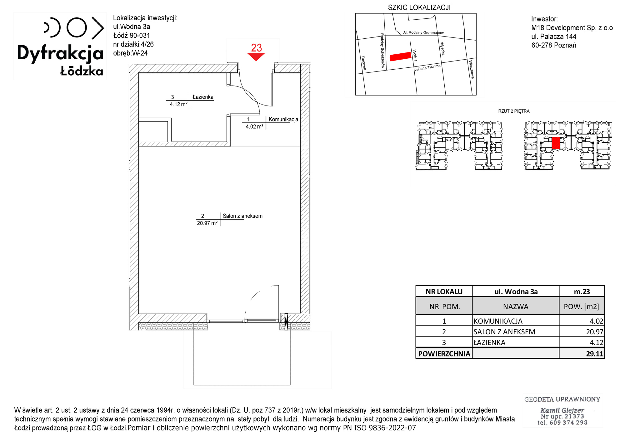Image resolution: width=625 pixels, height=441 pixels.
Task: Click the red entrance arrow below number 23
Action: click(x=256, y=56)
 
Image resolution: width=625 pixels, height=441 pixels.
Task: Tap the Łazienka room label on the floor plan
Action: click(x=203, y=97)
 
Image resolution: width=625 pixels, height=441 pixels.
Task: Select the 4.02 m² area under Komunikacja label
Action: click(x=254, y=126)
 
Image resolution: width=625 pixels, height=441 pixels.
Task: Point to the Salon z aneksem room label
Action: click(x=242, y=216)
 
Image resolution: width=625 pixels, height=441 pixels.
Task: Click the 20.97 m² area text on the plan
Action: click(x=207, y=223)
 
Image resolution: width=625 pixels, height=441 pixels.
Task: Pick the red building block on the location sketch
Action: click(x=400, y=56)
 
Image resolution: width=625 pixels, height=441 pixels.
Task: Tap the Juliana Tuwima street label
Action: click(x=427, y=68)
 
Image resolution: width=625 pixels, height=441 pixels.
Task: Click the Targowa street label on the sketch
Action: click(x=363, y=63)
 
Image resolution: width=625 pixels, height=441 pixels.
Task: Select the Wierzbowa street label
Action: click(x=472, y=69)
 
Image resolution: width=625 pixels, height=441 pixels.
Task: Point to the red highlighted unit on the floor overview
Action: click(x=556, y=143)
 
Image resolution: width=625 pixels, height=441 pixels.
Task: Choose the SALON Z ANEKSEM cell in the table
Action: click(x=504, y=332)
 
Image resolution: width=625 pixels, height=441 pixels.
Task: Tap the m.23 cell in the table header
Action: click(x=582, y=292)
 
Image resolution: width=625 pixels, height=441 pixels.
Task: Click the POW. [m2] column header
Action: click(x=581, y=306)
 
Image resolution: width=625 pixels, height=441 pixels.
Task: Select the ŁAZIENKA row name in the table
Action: click(x=489, y=342)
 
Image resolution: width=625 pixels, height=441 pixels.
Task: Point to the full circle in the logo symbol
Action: click(x=77, y=28)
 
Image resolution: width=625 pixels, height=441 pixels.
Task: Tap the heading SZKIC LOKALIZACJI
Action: click(x=419, y=7)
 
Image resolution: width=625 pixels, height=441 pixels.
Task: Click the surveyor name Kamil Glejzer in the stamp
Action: click(x=562, y=410)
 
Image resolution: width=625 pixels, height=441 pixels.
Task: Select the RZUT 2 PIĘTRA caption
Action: click(x=514, y=111)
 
